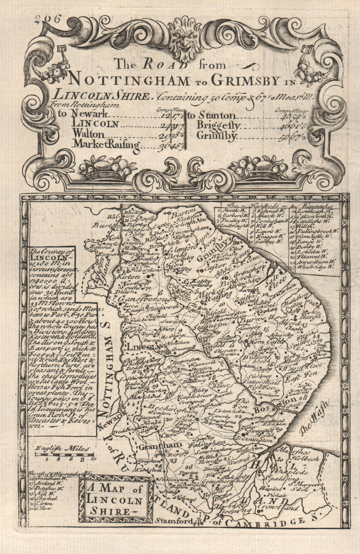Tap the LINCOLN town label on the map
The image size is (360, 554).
pos(144,347)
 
